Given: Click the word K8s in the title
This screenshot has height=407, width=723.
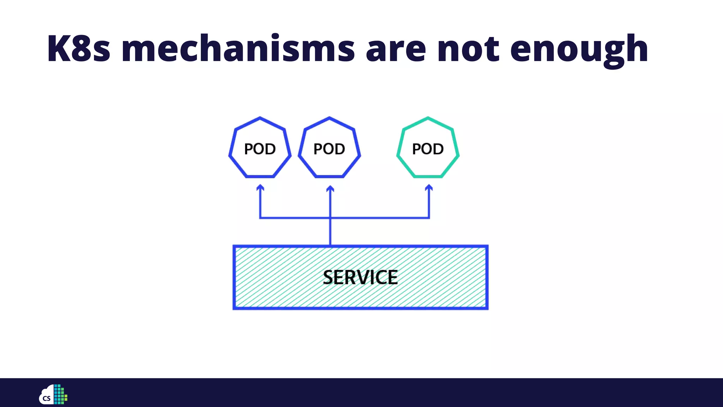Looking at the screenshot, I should point(78,49).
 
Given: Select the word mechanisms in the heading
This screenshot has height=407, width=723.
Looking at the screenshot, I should point(238,49).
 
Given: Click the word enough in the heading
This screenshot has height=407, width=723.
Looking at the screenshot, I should point(579,49).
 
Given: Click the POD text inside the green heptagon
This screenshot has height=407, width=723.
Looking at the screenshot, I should point(428,149).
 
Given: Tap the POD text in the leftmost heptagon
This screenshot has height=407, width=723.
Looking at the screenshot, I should point(260,149).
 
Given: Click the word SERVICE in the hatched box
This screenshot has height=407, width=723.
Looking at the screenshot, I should point(360,277).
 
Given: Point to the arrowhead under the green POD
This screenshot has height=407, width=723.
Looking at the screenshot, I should point(429,187).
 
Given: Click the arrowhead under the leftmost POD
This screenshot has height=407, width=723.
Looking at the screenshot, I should point(260,187).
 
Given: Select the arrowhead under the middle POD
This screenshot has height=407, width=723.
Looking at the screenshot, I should point(330,188).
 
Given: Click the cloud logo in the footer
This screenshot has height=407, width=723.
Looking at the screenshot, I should point(47,395).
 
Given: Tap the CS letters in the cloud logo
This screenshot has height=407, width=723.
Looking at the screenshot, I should point(47,399).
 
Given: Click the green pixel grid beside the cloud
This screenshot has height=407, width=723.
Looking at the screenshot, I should point(60,394).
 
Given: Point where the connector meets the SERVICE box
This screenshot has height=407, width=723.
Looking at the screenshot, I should point(330,245).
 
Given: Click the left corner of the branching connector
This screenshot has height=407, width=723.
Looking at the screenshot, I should point(260,218).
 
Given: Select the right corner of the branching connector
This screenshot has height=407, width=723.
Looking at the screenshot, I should point(429,218).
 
